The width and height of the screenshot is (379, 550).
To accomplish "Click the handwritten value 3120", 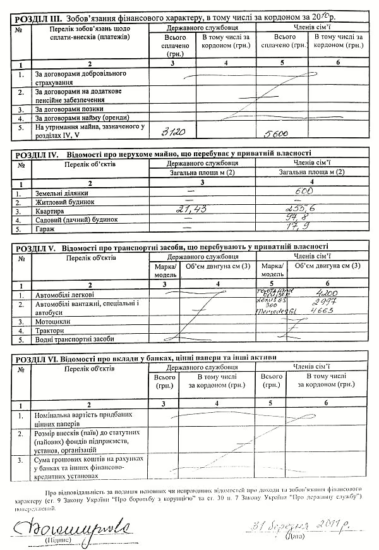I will click(173, 133).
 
